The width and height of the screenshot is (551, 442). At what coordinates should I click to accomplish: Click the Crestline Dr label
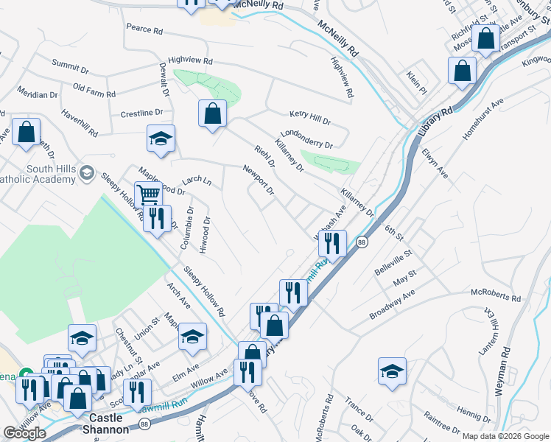141,113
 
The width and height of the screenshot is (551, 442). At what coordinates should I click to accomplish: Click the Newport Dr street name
259,180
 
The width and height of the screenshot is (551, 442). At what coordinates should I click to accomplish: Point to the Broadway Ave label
393,303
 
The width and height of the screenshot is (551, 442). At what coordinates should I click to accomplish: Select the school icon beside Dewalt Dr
161,138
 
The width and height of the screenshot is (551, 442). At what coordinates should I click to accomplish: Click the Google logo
24,433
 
